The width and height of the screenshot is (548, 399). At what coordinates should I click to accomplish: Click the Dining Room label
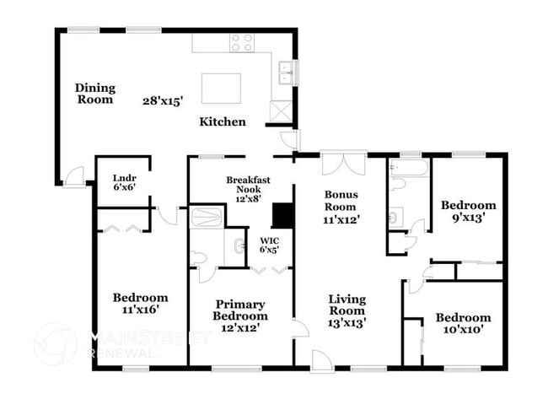(94, 93)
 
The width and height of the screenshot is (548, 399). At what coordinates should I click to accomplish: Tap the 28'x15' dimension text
(164, 100)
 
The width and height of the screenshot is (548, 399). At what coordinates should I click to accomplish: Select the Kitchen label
(222, 121)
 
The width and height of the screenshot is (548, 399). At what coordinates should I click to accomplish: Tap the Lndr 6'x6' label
(124, 182)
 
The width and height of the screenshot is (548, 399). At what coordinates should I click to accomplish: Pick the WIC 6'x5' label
(267, 245)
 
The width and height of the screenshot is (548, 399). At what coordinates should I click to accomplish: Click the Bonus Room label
(341, 205)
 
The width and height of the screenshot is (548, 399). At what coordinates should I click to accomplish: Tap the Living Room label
(346, 309)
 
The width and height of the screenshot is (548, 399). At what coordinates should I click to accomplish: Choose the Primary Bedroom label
(239, 315)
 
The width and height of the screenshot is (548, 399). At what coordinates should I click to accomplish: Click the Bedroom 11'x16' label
(140, 303)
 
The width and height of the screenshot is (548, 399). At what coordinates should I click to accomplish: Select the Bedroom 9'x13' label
(468, 210)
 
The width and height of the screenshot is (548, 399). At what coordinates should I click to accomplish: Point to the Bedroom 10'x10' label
(463, 323)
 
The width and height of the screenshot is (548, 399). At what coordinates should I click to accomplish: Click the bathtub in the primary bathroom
(207, 218)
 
